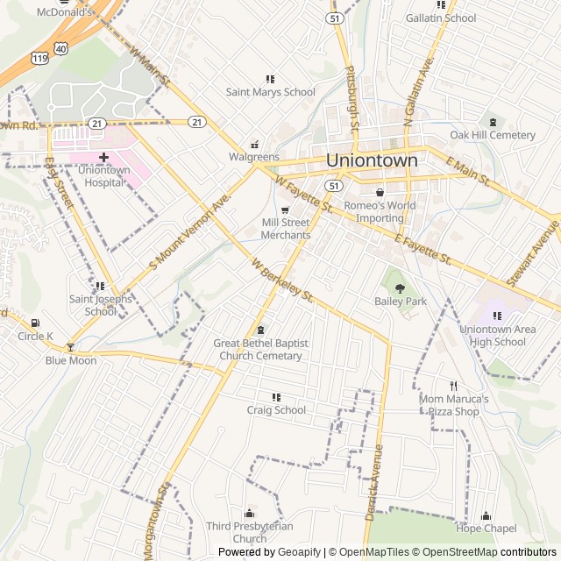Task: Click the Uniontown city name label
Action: pyautogui.click(x=372, y=160)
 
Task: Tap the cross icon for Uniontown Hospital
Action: pyautogui.click(x=103, y=157)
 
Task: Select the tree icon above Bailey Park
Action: pyautogui.click(x=401, y=287)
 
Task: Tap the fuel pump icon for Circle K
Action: pyautogui.click(x=35, y=323)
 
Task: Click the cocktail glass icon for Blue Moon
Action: pyautogui.click(x=71, y=347)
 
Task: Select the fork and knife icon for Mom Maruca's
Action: pyautogui.click(x=453, y=386)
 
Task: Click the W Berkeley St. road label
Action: pyautogui.click(x=282, y=280)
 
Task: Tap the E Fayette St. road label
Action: pyautogui.click(x=423, y=249)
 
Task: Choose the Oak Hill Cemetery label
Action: pyautogui.click(x=492, y=135)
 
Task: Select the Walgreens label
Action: pyautogui.click(x=254, y=157)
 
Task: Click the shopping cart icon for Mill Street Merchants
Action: pyautogui.click(x=285, y=210)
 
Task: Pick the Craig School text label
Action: pyautogui.click(x=276, y=409)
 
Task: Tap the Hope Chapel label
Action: pyautogui.click(x=486, y=528)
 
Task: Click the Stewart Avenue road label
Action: pyautogui.click(x=532, y=253)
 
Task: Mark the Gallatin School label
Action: pyautogui.click(x=440, y=18)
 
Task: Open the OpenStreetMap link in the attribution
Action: pyautogui.click(x=455, y=552)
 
